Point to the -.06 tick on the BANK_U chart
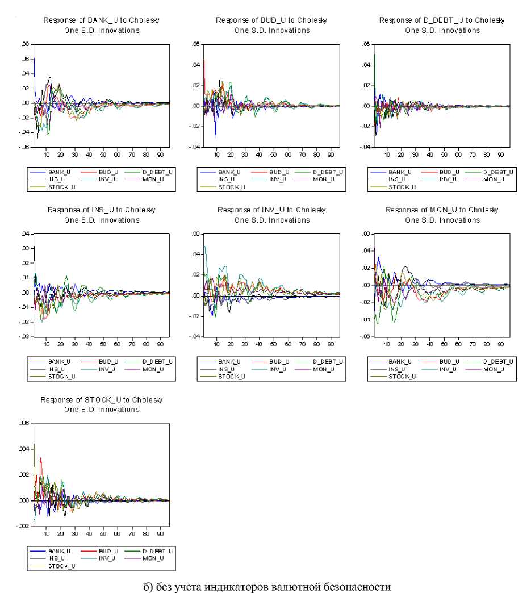(x=24, y=147)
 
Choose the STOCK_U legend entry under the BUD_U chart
(x=232, y=187)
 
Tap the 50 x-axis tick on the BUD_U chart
(x=274, y=153)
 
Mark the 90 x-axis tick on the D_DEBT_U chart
(x=501, y=153)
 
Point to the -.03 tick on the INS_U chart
(x=24, y=337)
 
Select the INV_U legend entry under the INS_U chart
(x=107, y=369)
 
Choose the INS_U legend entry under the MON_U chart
(x=398, y=369)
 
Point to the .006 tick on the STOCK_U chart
(x=24, y=424)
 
